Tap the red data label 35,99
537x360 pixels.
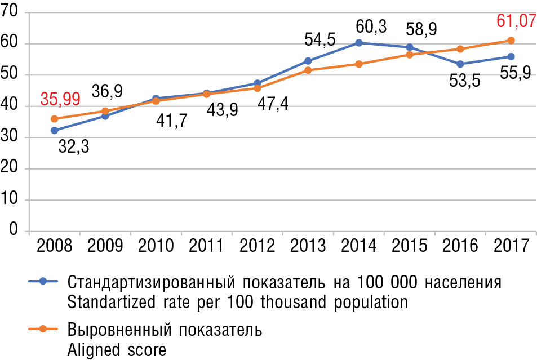60,99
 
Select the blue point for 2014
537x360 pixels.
359,43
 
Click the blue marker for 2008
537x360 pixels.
55,130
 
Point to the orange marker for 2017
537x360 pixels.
511,41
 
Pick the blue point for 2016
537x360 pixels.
460,64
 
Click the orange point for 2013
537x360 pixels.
308,70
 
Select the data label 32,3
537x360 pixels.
77,149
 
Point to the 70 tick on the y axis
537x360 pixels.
12,12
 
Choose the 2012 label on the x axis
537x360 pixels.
258,246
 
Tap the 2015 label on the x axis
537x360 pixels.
410,246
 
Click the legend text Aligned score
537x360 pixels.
117,350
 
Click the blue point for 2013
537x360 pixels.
308,61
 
